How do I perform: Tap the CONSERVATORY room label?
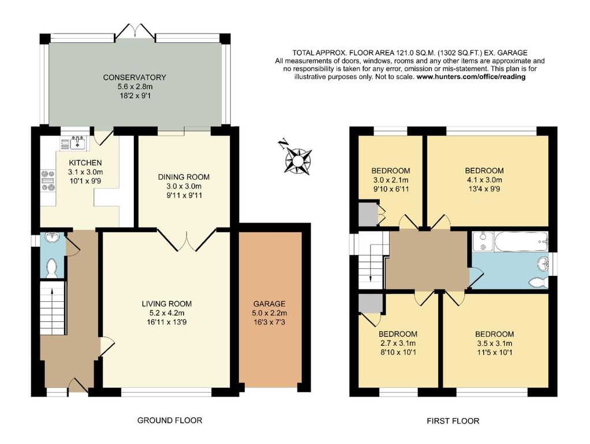[135, 77]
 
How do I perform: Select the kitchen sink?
[77, 140]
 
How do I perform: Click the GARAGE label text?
[269, 304]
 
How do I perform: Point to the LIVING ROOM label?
[167, 304]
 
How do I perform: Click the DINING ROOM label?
[184, 177]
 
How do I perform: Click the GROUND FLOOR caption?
[169, 420]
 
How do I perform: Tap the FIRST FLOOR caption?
[453, 421]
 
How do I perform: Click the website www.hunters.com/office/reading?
[470, 77]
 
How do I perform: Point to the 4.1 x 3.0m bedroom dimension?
[484, 180]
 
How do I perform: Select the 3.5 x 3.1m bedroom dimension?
[494, 344]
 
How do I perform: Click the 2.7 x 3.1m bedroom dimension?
[398, 344]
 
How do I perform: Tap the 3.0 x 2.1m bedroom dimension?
[390, 180]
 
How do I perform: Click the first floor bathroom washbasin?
[543, 264]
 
